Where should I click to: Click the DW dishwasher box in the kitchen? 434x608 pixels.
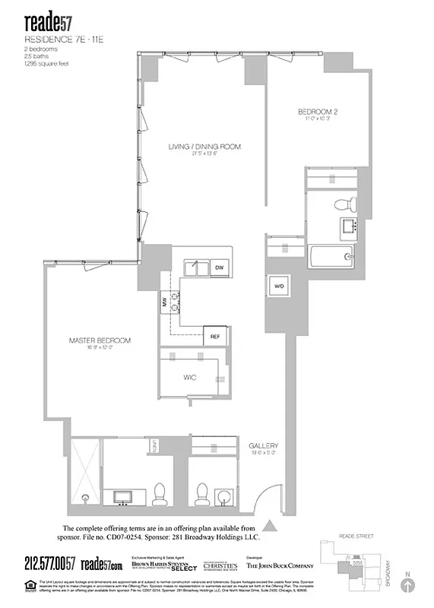219,268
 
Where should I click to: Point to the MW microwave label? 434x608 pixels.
163,302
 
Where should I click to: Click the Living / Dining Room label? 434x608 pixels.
204,147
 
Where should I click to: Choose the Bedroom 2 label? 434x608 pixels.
317,113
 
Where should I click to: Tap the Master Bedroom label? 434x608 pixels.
100,340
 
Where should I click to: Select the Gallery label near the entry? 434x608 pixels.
264,446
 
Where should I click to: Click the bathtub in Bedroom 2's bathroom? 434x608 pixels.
331,256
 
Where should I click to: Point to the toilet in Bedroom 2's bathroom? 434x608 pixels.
347,203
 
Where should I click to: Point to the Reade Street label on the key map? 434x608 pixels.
358,535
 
